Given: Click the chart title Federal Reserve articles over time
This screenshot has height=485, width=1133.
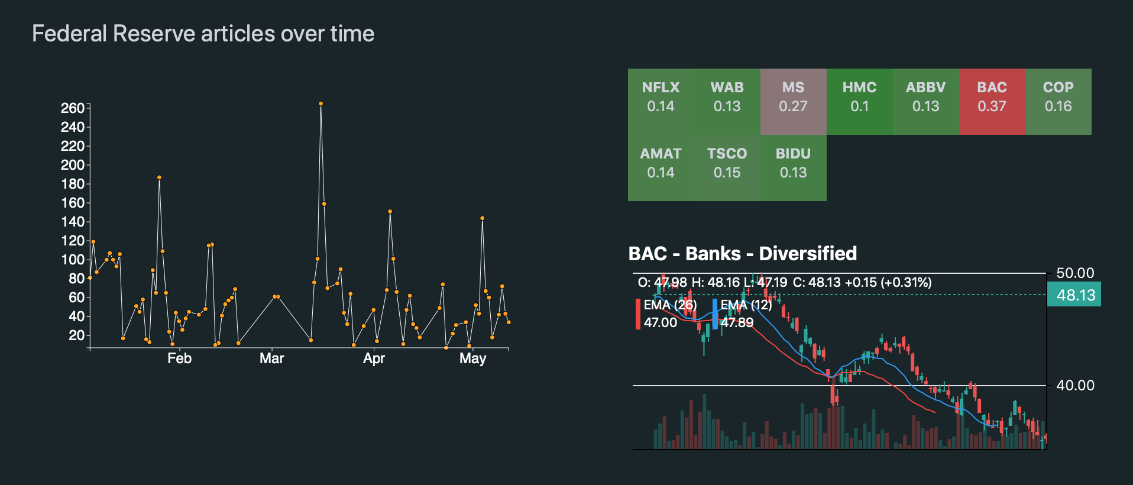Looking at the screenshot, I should (203, 34).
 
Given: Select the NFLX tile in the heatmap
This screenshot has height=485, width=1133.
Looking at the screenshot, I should (661, 101).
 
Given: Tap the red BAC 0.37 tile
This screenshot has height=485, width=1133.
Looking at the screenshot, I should (992, 101).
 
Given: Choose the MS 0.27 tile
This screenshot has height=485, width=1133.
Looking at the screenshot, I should (793, 101).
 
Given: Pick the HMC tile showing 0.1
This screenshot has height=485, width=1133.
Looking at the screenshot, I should (859, 101).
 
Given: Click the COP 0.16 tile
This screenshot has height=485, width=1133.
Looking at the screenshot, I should (1058, 101).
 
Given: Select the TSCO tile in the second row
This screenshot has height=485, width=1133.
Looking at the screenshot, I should (727, 167).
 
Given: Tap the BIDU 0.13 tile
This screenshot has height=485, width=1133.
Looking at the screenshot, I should (793, 167).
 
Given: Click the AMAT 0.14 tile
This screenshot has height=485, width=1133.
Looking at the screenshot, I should (661, 167).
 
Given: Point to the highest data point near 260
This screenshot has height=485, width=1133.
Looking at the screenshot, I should (321, 104).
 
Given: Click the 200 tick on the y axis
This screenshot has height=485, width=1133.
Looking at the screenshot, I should (73, 165).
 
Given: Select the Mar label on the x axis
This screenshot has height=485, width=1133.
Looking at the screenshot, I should (271, 358).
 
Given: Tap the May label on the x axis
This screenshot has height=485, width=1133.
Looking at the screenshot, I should (472, 358).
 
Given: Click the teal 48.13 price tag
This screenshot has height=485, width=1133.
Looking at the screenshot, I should (1074, 295).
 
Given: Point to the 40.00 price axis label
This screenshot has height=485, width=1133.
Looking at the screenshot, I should (1075, 386).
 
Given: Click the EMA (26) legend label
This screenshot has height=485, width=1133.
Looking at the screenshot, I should (670, 305).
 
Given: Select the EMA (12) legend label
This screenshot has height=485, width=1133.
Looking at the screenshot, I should (746, 305).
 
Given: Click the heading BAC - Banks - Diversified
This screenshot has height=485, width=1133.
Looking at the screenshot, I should (742, 253).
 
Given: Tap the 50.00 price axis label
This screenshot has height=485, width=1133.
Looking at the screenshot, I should (1075, 273).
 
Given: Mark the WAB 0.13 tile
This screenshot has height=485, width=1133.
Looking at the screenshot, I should (727, 101).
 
